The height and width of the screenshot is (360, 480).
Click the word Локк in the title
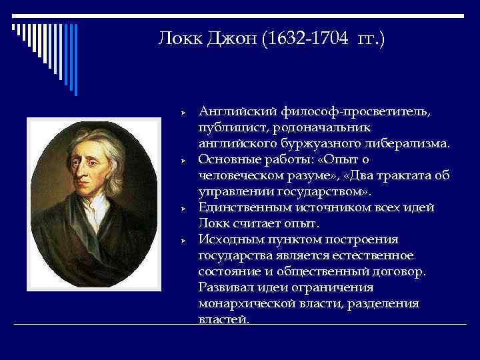pos(179,40)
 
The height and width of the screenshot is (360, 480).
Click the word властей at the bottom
pos(223,319)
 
